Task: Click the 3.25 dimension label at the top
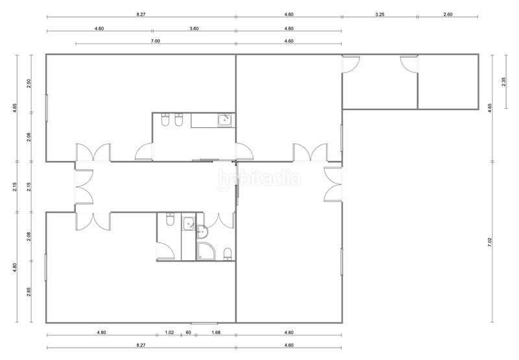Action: click(x=379, y=14)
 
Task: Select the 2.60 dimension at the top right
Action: click(x=448, y=14)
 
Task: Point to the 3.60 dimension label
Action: click(x=194, y=29)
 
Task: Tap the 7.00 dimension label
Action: click(x=156, y=42)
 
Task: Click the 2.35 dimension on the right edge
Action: click(x=504, y=82)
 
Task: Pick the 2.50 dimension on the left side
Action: click(x=29, y=84)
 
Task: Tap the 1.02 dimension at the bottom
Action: click(x=169, y=333)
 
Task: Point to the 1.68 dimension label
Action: click(x=216, y=333)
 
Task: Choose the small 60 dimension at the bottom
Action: click(x=188, y=333)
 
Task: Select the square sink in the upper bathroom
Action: click(x=224, y=119)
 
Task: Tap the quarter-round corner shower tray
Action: click(x=206, y=250)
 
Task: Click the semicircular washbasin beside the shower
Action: click(x=201, y=230)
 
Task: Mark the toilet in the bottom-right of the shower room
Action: click(x=227, y=253)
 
